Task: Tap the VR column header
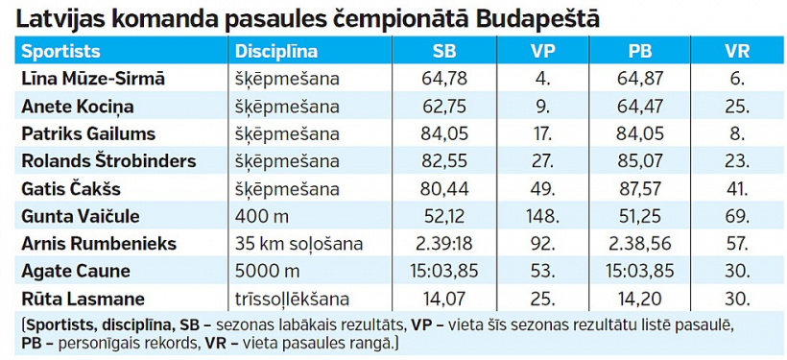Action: coord(736,52)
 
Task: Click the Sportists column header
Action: coord(60,52)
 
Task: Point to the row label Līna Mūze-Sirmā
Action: coord(93,79)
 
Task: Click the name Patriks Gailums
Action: coord(88,133)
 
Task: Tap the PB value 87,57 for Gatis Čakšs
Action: coord(639,189)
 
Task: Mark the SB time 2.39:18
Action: coord(444,244)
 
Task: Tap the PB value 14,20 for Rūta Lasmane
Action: coord(639,299)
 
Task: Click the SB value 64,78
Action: coord(444,79)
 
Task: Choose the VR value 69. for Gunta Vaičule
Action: coord(736,216)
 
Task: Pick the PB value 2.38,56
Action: coord(639,244)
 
